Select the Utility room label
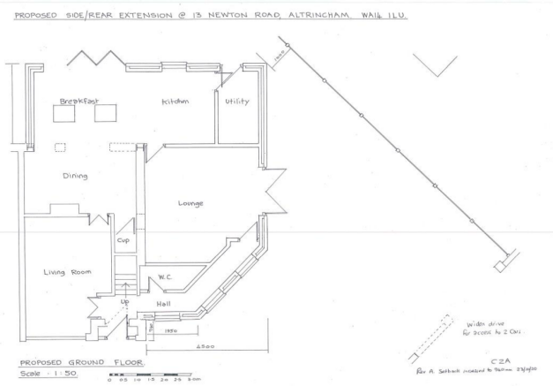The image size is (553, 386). click(237, 102)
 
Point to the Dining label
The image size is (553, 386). click(75, 175)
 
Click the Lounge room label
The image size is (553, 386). click(191, 203)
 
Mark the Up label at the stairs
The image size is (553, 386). click(124, 302)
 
